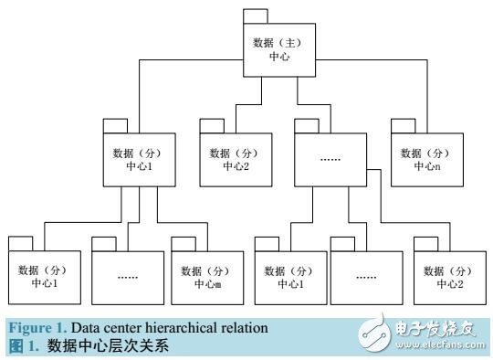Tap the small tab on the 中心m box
tap(183, 242)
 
